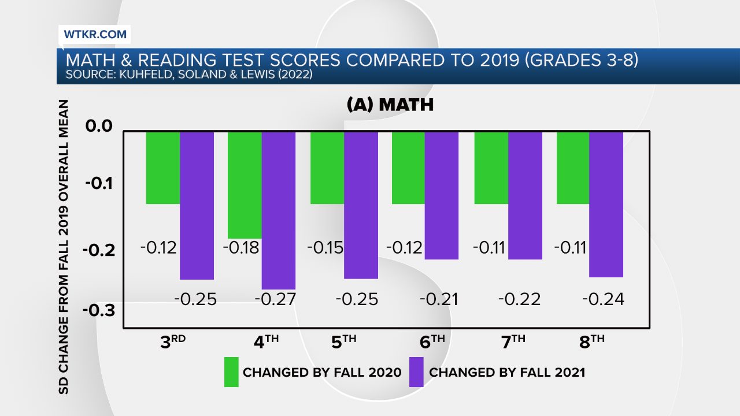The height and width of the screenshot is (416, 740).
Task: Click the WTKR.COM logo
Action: tap(95, 35)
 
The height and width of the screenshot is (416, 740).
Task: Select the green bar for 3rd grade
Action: tap(162, 168)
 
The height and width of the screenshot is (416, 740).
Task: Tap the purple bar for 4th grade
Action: tap(279, 210)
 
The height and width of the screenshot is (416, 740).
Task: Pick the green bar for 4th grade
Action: tap(245, 185)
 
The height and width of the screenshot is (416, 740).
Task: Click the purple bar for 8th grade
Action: tap(606, 205)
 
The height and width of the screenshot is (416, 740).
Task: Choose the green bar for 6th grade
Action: tap(409, 168)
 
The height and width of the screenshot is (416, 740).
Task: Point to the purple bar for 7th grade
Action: tap(525, 195)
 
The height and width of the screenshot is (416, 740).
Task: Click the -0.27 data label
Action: tap(275, 299)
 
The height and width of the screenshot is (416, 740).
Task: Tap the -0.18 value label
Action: tap(241, 248)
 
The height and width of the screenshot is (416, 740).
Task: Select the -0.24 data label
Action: tap(603, 299)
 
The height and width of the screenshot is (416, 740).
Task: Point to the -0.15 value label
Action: tap(325, 248)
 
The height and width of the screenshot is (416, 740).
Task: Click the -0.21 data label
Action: tap(438, 299)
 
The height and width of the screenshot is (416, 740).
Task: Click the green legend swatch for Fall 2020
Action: tap(231, 372)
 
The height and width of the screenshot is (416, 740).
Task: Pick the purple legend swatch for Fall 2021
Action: tap(416, 372)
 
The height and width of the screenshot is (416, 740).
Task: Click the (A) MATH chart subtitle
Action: tap(390, 105)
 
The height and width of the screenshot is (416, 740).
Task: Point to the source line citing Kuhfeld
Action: tap(189, 75)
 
